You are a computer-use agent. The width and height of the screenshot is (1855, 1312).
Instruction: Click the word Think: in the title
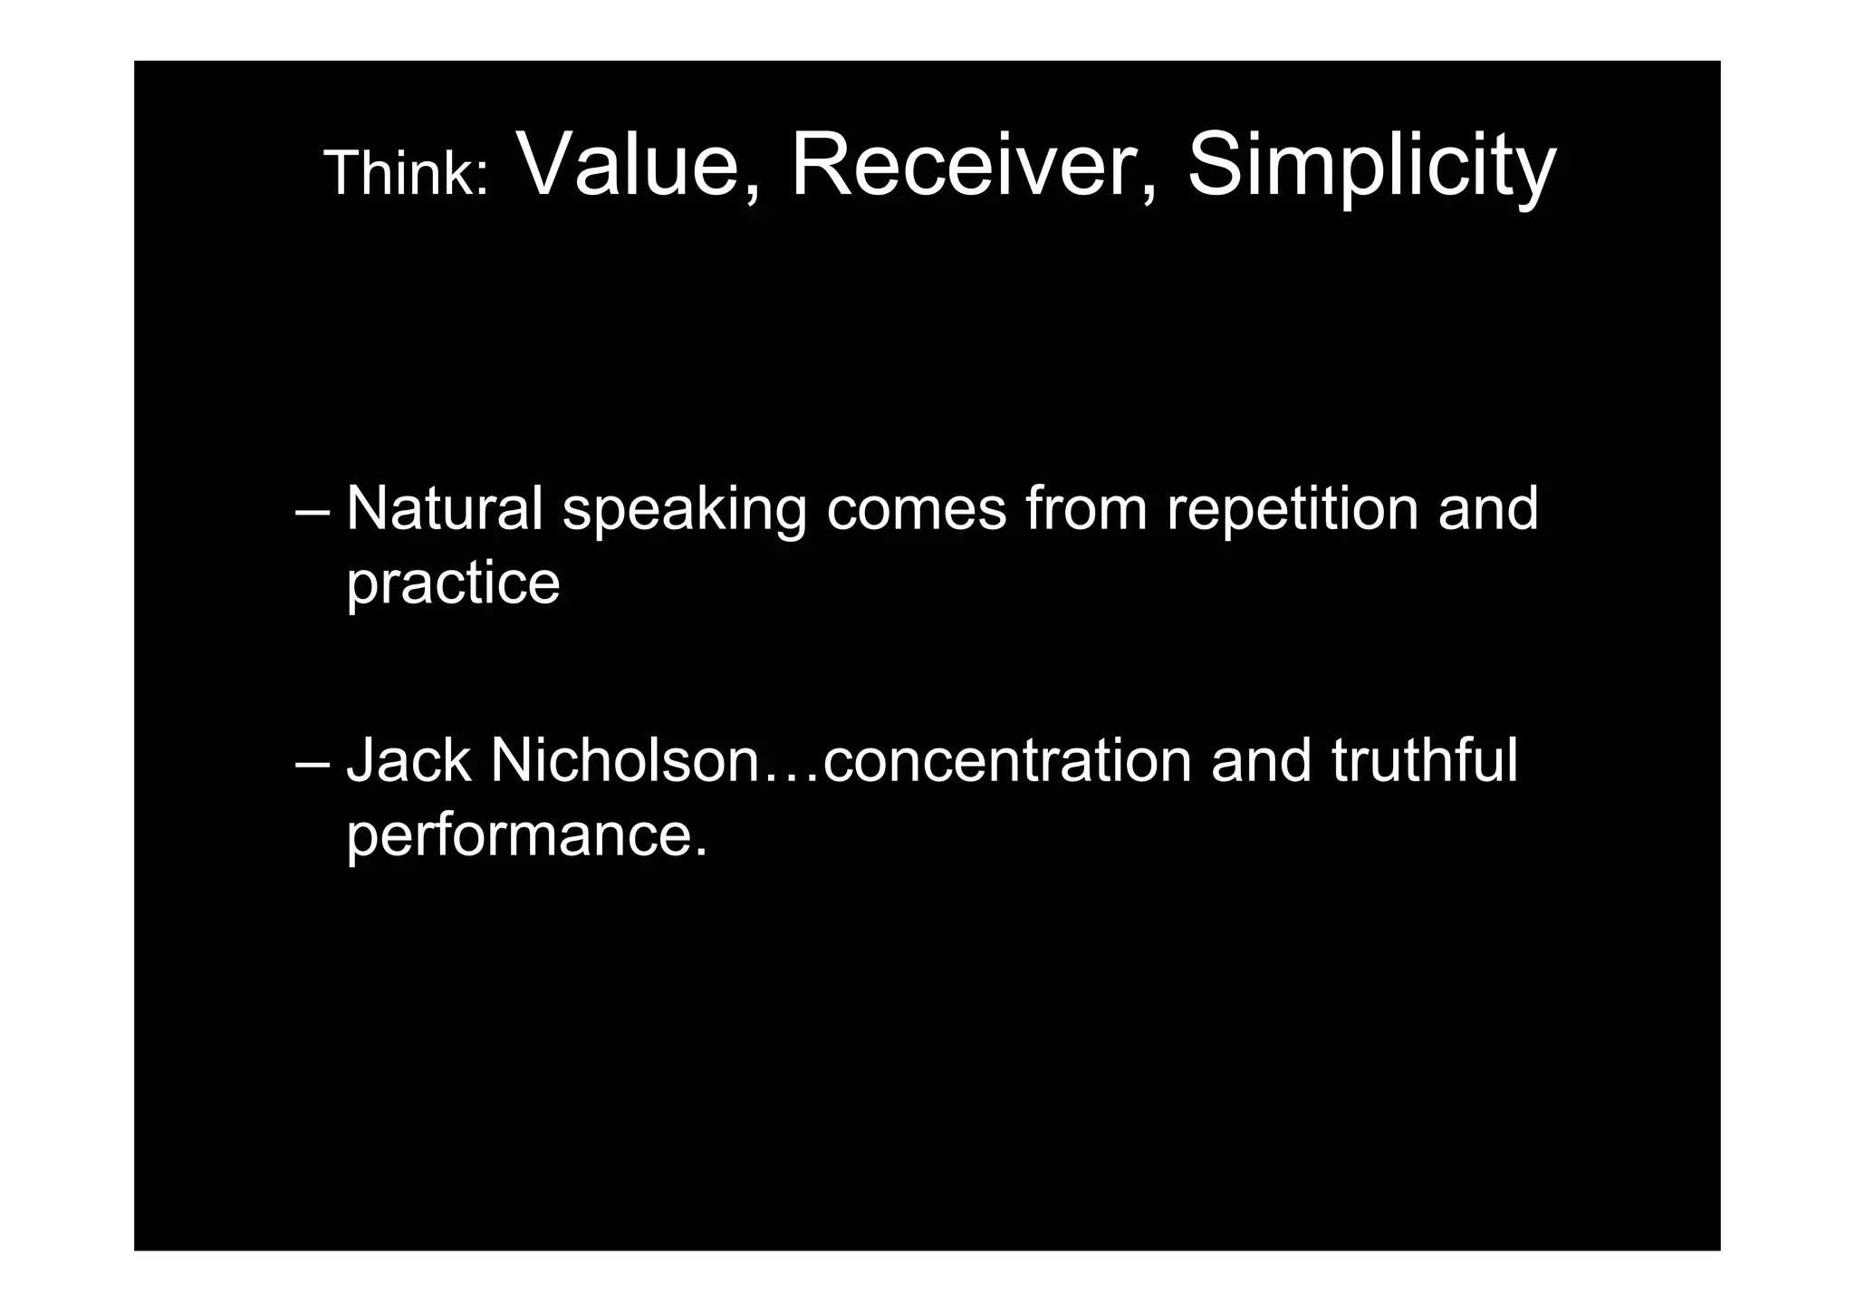tap(406, 173)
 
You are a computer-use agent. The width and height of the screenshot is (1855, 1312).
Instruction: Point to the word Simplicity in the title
tap(1371, 166)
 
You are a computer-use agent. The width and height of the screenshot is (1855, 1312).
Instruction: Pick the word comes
tap(916, 510)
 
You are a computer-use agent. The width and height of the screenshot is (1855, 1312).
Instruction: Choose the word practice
tap(453, 584)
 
